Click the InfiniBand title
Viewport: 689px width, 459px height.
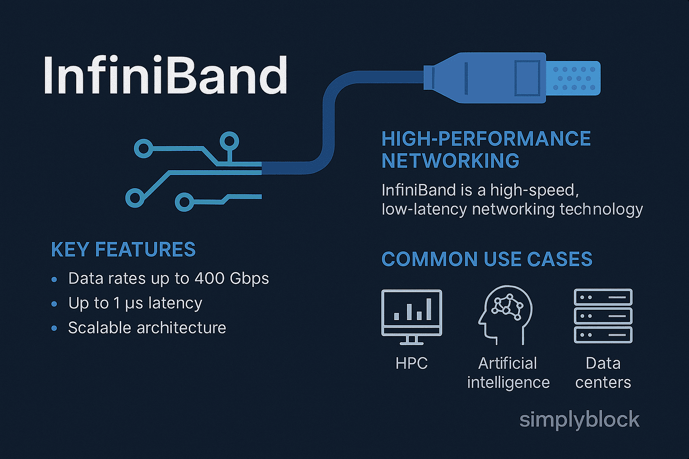(165, 76)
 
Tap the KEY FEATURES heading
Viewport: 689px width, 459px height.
(123, 250)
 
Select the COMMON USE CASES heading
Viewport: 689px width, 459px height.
(486, 260)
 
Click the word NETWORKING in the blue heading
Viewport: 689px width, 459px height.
(450, 161)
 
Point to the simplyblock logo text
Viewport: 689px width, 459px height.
(579, 420)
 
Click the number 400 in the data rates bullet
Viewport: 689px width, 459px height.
(210, 278)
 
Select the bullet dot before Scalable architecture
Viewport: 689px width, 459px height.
(54, 328)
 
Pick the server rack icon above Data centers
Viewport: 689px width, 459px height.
(603, 316)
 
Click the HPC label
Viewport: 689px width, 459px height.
(411, 364)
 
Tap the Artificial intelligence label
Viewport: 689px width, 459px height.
(508, 373)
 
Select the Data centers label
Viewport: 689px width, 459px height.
(603, 373)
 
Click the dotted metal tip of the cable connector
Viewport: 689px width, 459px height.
(574, 78)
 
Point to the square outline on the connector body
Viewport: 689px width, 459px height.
(527, 78)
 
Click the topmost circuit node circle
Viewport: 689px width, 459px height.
(230, 141)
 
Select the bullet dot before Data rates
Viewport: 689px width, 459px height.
(54, 279)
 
